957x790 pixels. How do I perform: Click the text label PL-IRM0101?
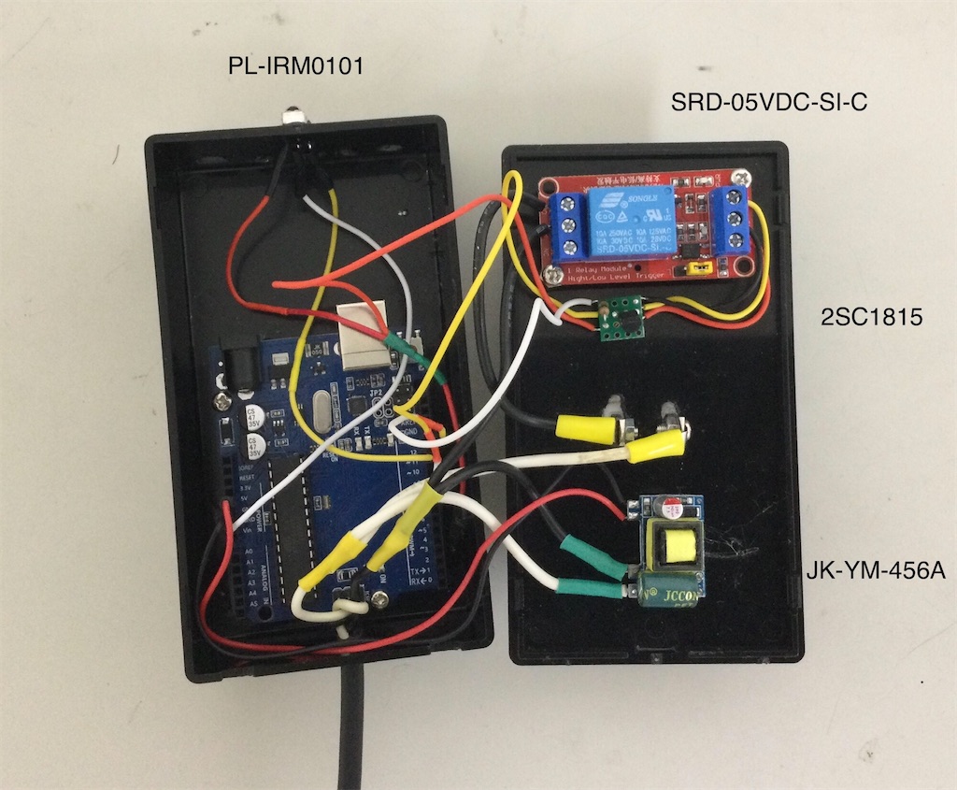[296, 67]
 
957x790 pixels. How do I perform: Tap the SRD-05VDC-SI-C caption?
[769, 102]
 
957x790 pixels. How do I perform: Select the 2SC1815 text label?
[869, 318]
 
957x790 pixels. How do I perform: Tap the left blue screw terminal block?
[566, 226]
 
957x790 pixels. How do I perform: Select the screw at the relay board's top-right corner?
[743, 176]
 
